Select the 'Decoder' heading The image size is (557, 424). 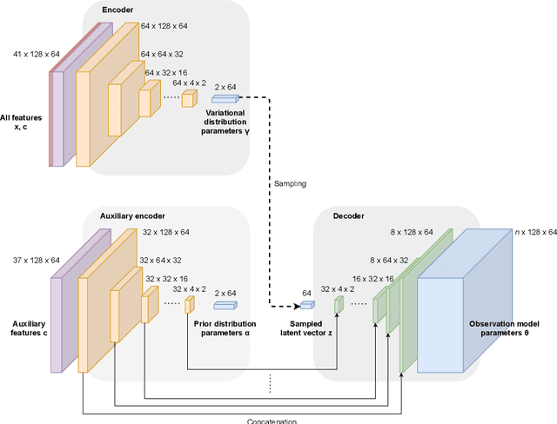(x=350, y=215)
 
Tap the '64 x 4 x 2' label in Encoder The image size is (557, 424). (x=189, y=83)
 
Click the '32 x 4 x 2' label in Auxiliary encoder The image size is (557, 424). (x=189, y=288)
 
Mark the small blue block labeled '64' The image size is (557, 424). (x=306, y=305)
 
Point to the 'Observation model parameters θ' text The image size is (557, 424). (x=511, y=328)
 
